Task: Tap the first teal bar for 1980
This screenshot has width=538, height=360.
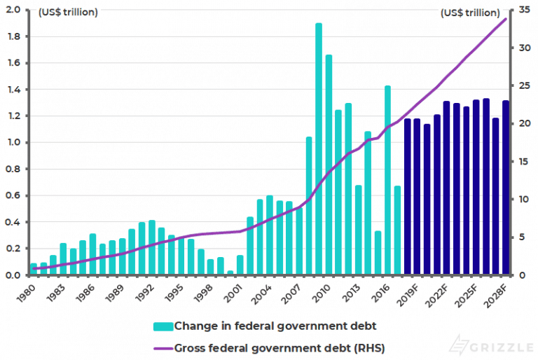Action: coord(34,270)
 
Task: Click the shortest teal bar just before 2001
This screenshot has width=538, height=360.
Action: coord(230,272)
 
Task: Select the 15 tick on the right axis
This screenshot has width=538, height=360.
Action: coord(519,162)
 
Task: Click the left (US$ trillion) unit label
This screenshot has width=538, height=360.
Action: coord(68,13)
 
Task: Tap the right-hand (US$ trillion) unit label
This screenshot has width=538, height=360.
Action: coord(470,13)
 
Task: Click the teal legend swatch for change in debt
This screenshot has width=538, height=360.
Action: coord(163,326)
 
